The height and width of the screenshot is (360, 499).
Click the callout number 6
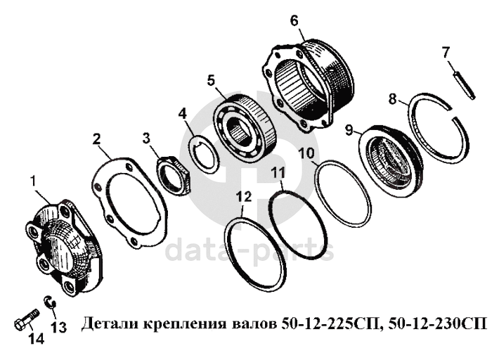click(x=294, y=21)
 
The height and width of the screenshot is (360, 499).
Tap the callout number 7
click(x=446, y=53)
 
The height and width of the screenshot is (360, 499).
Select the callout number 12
click(x=244, y=197)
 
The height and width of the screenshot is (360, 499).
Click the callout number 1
click(x=33, y=181)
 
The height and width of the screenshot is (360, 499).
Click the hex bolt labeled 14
click(x=27, y=319)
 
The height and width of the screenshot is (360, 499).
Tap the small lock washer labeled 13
click(x=50, y=302)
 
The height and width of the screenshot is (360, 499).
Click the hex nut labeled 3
click(x=174, y=174)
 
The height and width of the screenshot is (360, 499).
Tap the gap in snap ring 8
click(x=452, y=114)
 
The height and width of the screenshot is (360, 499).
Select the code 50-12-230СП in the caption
click(x=438, y=323)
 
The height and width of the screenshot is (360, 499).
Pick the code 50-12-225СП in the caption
click(x=331, y=324)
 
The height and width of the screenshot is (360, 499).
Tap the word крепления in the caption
click(x=183, y=325)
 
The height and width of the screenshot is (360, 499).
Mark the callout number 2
click(x=97, y=139)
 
